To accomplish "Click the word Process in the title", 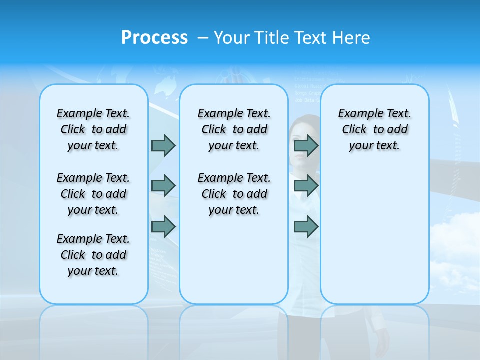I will (154, 38).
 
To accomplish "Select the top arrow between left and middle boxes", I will (163, 145).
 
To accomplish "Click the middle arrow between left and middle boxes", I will (163, 186).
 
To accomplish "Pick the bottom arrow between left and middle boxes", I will (163, 226).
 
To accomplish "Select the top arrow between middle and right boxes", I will (306, 145).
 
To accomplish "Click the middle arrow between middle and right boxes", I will (306, 186).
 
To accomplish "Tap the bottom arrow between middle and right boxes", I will (306, 226).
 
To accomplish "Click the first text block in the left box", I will (93, 129).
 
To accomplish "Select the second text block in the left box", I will (93, 194).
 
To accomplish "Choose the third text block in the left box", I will (93, 255).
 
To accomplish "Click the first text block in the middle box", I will (234, 129).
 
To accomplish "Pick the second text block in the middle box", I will (234, 194).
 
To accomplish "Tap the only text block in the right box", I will (374, 129).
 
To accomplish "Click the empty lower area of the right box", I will (374, 240).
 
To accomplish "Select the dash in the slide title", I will (203, 38).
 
